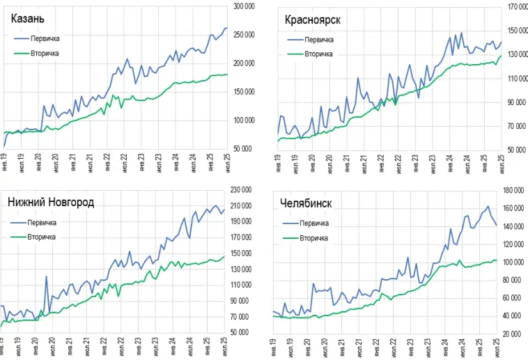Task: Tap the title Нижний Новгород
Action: (x=51, y=203)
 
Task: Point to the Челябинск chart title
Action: (x=305, y=203)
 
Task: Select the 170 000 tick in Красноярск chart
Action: (x=517, y=7)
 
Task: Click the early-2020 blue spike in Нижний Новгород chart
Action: (x=47, y=277)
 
